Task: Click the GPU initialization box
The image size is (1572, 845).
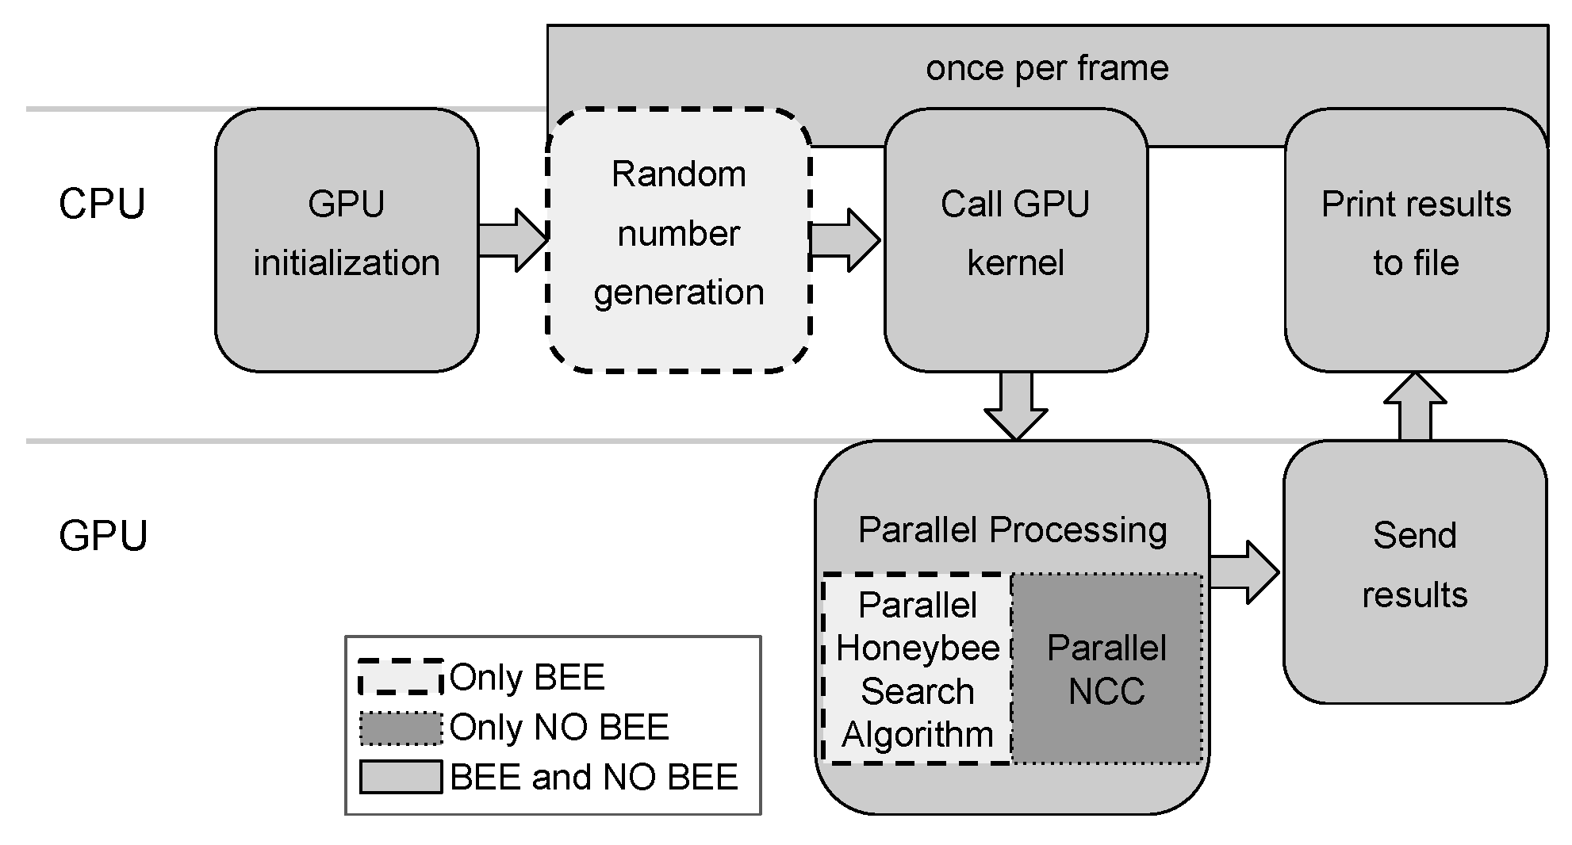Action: [x=347, y=239]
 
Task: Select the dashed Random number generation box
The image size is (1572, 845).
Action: [x=679, y=239]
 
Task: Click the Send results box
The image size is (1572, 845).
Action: [x=1415, y=571]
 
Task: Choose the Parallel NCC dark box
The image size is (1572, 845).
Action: [x=1107, y=669]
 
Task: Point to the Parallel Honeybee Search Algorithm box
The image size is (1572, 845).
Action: [x=918, y=669]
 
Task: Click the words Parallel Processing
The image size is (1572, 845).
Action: [x=1012, y=530]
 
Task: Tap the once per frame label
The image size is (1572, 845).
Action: [x=1047, y=68]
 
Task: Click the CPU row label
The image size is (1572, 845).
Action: [x=102, y=205]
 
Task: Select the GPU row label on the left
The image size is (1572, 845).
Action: [x=103, y=536]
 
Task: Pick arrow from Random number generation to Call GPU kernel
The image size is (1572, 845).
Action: [x=844, y=239]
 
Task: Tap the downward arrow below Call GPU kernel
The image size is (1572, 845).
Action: [x=1016, y=404]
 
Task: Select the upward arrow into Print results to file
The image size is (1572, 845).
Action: [x=1416, y=406]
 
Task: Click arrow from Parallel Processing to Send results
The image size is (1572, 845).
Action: [x=1244, y=572]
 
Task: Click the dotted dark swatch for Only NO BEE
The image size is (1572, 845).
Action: [x=401, y=728]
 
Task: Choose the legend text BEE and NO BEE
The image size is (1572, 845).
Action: [x=593, y=777]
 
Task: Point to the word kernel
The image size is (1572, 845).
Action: [x=1015, y=263]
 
